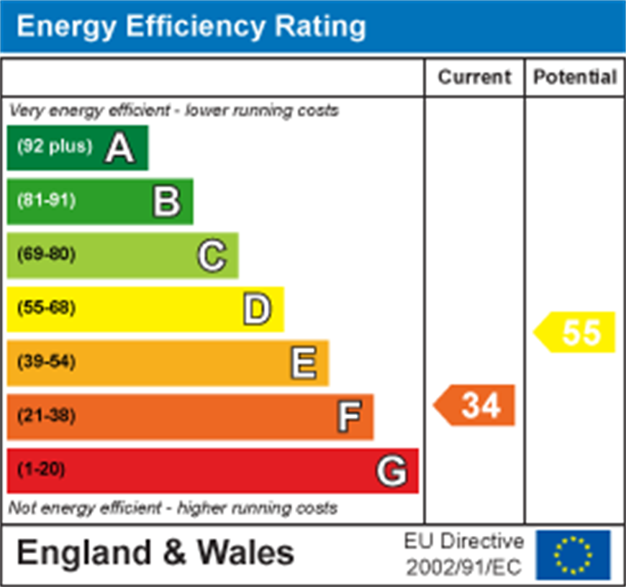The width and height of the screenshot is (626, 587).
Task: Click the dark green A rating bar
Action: tap(78, 147)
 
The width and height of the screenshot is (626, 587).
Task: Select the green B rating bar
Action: tap(100, 201)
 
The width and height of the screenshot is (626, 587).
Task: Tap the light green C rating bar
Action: tap(122, 255)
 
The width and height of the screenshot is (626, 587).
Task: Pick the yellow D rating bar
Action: tap(145, 309)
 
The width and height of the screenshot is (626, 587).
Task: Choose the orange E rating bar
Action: tap(168, 363)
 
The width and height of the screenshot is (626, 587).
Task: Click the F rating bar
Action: tap(190, 417)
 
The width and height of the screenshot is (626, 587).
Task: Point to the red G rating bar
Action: tap(212, 470)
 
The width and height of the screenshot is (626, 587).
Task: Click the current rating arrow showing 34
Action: tap(476, 406)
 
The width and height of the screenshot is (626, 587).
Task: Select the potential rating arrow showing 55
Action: tap(576, 332)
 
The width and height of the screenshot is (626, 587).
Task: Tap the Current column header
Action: tap(474, 77)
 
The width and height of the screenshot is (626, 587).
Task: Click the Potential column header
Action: tap(575, 77)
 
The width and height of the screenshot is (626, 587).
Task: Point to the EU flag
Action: tap(573, 555)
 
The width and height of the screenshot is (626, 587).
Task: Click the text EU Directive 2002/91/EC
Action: tap(463, 555)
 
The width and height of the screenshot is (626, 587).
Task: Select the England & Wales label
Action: tap(155, 553)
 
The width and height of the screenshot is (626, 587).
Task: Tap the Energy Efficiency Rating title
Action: tap(191, 27)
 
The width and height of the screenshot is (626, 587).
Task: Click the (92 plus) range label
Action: tap(55, 146)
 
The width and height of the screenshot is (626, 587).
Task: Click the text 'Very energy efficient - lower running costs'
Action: tap(173, 111)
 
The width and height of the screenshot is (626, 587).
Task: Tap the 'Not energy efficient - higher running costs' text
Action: tap(173, 508)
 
